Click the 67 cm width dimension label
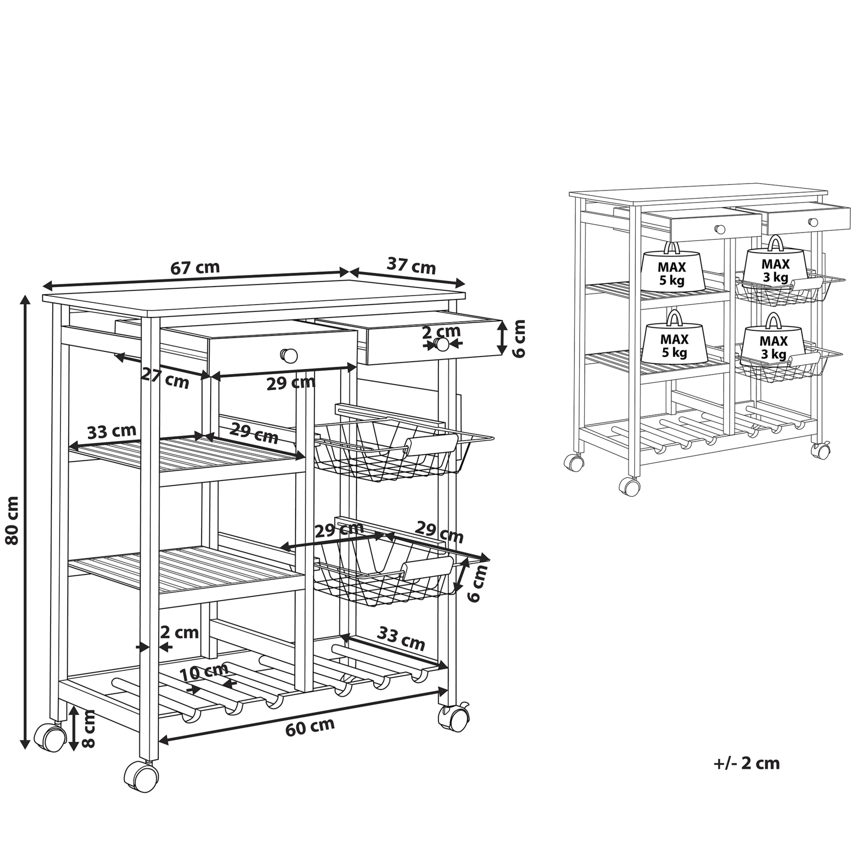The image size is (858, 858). (195, 267)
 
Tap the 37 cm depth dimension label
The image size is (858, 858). (411, 266)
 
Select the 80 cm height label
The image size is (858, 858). (12, 520)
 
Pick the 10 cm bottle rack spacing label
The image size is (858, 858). (204, 673)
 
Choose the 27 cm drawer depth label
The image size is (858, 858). (165, 379)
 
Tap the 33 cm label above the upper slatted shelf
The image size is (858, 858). (112, 431)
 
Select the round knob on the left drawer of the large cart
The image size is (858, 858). (289, 356)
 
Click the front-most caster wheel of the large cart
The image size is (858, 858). (141, 777)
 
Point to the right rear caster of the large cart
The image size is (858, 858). (454, 719)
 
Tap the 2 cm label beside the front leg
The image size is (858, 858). (179, 633)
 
